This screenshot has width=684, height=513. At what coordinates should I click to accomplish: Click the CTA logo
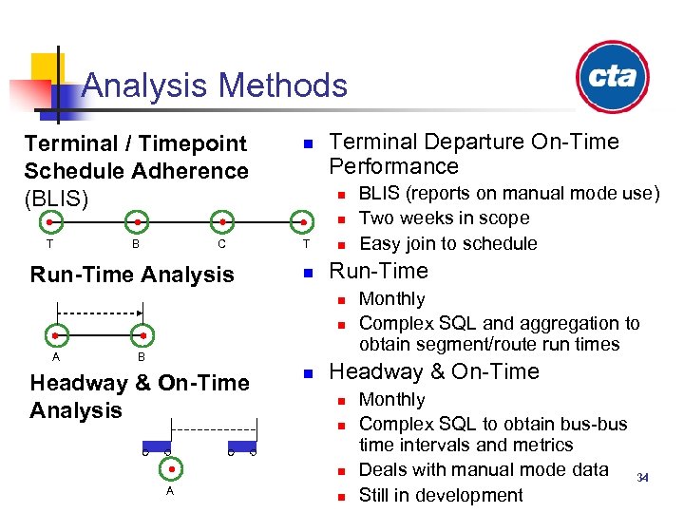click(612, 77)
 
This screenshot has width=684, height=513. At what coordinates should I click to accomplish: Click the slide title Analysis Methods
click(215, 85)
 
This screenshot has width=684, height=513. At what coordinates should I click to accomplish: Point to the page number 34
click(643, 477)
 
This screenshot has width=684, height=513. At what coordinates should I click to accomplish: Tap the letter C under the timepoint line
click(221, 244)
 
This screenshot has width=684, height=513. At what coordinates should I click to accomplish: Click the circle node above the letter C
click(221, 222)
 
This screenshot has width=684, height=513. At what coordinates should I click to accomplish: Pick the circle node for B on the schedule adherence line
click(138, 222)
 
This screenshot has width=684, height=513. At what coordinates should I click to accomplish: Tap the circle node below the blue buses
click(171, 468)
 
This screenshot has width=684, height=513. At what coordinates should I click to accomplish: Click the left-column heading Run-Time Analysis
click(132, 275)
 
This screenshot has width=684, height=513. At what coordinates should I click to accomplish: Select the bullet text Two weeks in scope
click(444, 218)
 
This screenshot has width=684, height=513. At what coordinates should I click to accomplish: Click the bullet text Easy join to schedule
click(447, 243)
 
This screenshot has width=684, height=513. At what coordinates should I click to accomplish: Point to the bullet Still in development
click(440, 495)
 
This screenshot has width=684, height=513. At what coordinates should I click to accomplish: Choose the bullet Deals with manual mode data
click(483, 469)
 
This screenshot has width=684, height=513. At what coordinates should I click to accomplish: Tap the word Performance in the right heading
click(393, 166)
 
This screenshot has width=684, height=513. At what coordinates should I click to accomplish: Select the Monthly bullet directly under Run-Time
click(391, 298)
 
